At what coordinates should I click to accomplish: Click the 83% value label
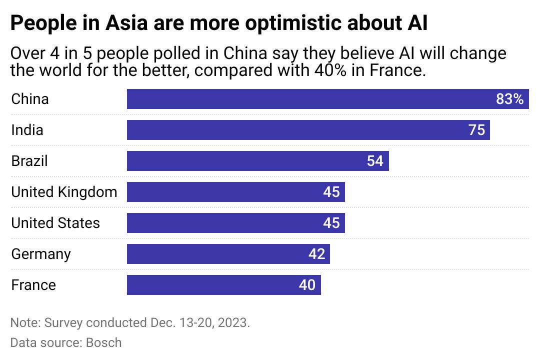click(x=509, y=99)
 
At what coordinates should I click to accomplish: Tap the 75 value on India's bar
click(x=476, y=130)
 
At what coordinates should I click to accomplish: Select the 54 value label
click(x=375, y=161)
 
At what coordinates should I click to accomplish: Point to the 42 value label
click(x=316, y=254)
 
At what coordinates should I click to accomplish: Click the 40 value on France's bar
click(x=307, y=285)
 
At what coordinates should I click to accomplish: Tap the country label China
click(x=30, y=99)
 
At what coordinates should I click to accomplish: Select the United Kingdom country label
click(x=64, y=192)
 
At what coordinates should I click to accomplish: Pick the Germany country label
click(x=41, y=254)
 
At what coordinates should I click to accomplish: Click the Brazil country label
click(x=29, y=161)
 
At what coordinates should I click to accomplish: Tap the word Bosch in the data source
click(x=104, y=342)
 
